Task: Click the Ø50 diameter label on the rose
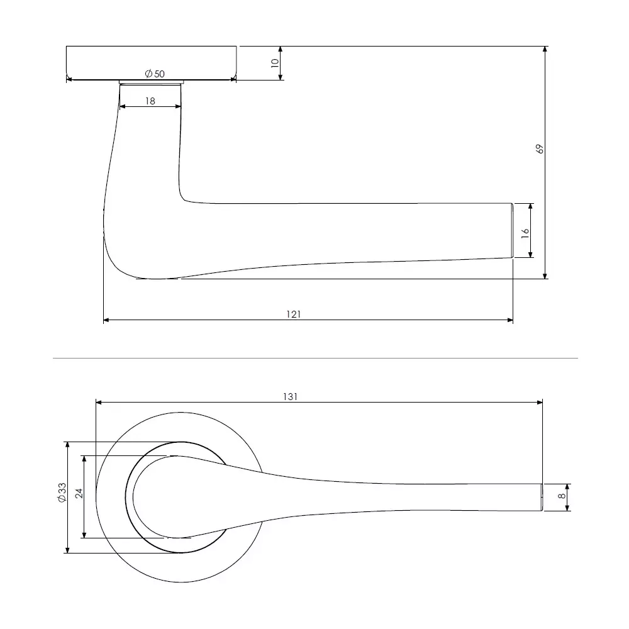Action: coord(155,74)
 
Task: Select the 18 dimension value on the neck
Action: coord(150,101)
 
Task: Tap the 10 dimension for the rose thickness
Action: coord(274,63)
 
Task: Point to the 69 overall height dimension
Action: coord(539,149)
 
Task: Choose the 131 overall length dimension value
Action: coord(291,396)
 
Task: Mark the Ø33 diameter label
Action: coord(61,492)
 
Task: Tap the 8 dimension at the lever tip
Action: coord(561,498)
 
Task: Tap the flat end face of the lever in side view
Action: coord(511,230)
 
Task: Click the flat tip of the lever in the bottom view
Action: coord(540,498)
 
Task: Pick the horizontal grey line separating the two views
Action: coord(314,359)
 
